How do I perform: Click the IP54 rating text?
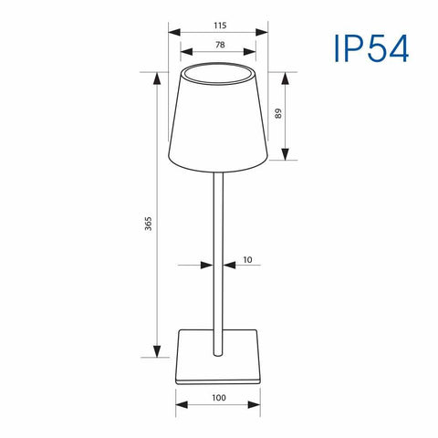(370, 50)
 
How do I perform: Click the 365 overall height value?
(148, 223)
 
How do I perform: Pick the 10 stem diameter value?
(247, 261)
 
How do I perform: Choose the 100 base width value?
(219, 398)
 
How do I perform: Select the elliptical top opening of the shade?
(219, 72)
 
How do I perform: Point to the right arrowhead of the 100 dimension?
(259, 408)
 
